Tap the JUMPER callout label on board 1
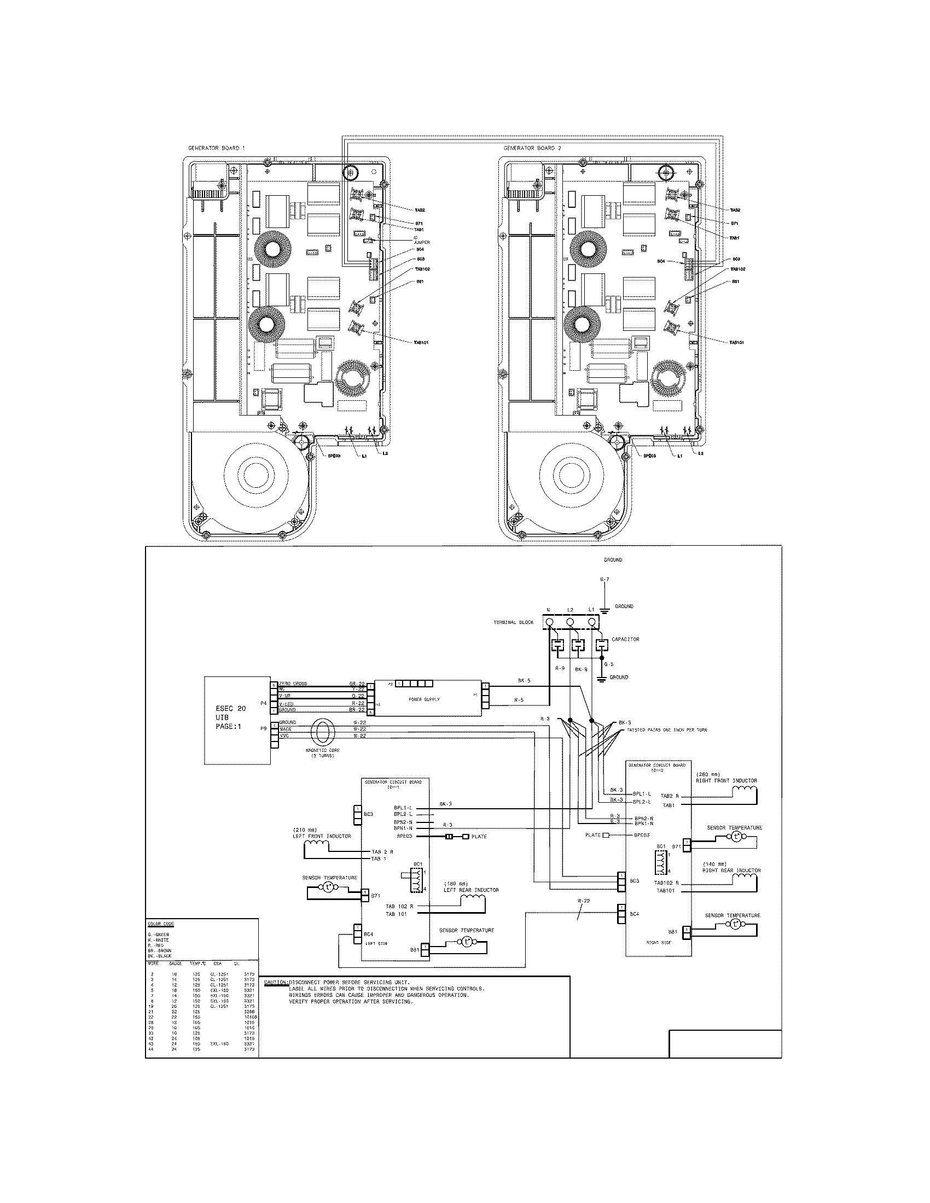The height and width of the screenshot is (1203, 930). [421, 242]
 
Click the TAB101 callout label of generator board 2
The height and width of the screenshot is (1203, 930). [737, 343]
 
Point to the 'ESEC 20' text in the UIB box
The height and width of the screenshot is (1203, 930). [230, 708]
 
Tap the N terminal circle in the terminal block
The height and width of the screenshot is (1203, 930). [549, 622]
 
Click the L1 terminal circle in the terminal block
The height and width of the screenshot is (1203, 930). [592, 622]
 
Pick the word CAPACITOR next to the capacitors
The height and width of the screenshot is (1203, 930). [625, 640]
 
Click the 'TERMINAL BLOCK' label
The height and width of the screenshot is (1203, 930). [513, 622]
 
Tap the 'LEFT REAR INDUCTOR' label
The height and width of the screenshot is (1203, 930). [471, 890]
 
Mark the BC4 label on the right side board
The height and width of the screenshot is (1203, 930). [634, 914]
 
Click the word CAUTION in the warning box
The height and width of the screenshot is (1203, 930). [276, 982]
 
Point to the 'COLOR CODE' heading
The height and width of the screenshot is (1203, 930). [158, 924]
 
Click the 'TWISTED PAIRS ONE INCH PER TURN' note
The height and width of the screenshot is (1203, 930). [667, 730]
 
